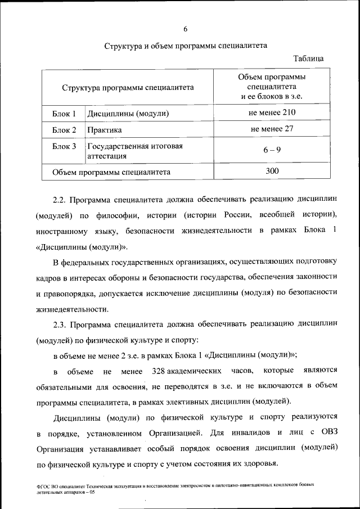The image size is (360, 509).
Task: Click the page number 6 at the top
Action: coord(185,29)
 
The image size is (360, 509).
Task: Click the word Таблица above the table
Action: coord(309,58)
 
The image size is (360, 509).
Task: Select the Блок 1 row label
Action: coord(64,114)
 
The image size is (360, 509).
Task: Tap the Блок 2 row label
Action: coord(64,130)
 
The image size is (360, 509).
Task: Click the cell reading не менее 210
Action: coord(272,113)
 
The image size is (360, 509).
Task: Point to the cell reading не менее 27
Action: coord(272,129)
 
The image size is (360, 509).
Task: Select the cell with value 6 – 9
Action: coord(272,150)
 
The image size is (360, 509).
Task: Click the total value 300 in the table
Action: coord(272,171)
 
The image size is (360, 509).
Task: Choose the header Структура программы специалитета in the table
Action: coord(128,88)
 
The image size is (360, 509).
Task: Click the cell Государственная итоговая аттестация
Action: coord(134,151)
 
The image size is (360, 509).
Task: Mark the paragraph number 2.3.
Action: coord(60,325)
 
